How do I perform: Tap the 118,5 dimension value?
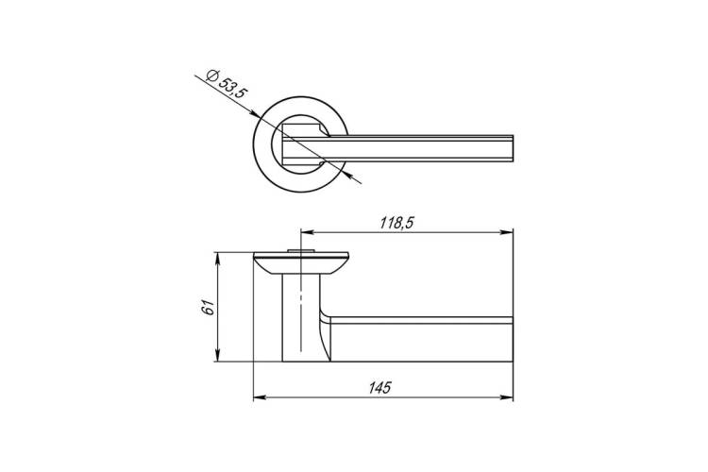pyautogui.click(x=397, y=223)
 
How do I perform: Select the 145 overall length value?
pyautogui.click(x=379, y=388)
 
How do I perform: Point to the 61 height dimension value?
pyautogui.click(x=209, y=307)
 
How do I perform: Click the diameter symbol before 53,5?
pyautogui.click(x=211, y=75)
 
